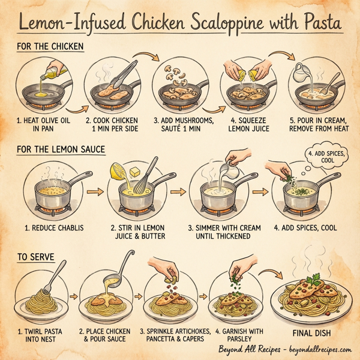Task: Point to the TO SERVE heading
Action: pos(35,257)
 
